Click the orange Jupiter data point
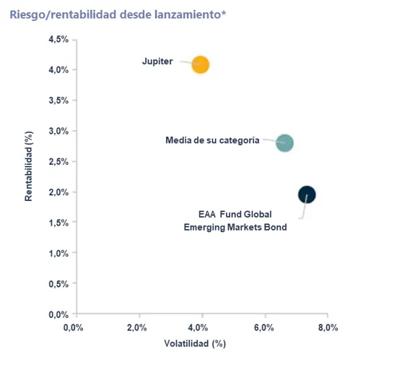coord(200,64)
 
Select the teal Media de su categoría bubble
coord(285,143)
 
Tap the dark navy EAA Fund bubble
coord(307,194)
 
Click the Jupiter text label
coord(157,61)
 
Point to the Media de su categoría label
coord(212,140)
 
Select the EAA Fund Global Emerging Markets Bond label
coord(235,220)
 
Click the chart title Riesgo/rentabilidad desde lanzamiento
coord(118,14)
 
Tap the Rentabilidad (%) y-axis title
coord(29,166)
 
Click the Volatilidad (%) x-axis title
coord(195,343)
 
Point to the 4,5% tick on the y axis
coord(58,39)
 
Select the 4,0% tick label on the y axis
coord(58,69)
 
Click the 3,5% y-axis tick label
coord(58,100)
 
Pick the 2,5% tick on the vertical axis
coord(58,161)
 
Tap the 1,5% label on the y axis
coord(58,223)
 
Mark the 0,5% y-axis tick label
coord(58,284)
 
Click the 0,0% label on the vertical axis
coord(58,314)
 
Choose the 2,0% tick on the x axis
coord(136,327)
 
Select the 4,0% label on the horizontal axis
coord(198,327)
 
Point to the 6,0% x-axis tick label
coord(263,327)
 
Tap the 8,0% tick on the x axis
coord(328,327)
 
